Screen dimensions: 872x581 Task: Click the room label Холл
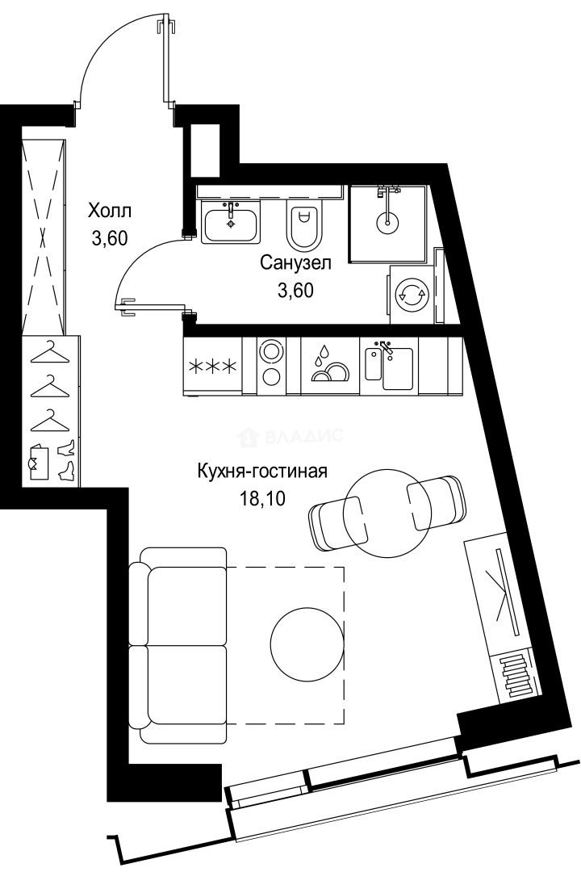[x=109, y=212]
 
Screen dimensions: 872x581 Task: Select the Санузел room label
[x=295, y=262]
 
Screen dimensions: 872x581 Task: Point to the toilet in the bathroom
[x=304, y=224]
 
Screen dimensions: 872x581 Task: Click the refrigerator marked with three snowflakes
[x=213, y=366]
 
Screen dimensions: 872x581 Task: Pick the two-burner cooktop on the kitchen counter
[x=270, y=365]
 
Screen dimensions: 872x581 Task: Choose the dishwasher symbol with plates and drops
[x=330, y=366]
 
